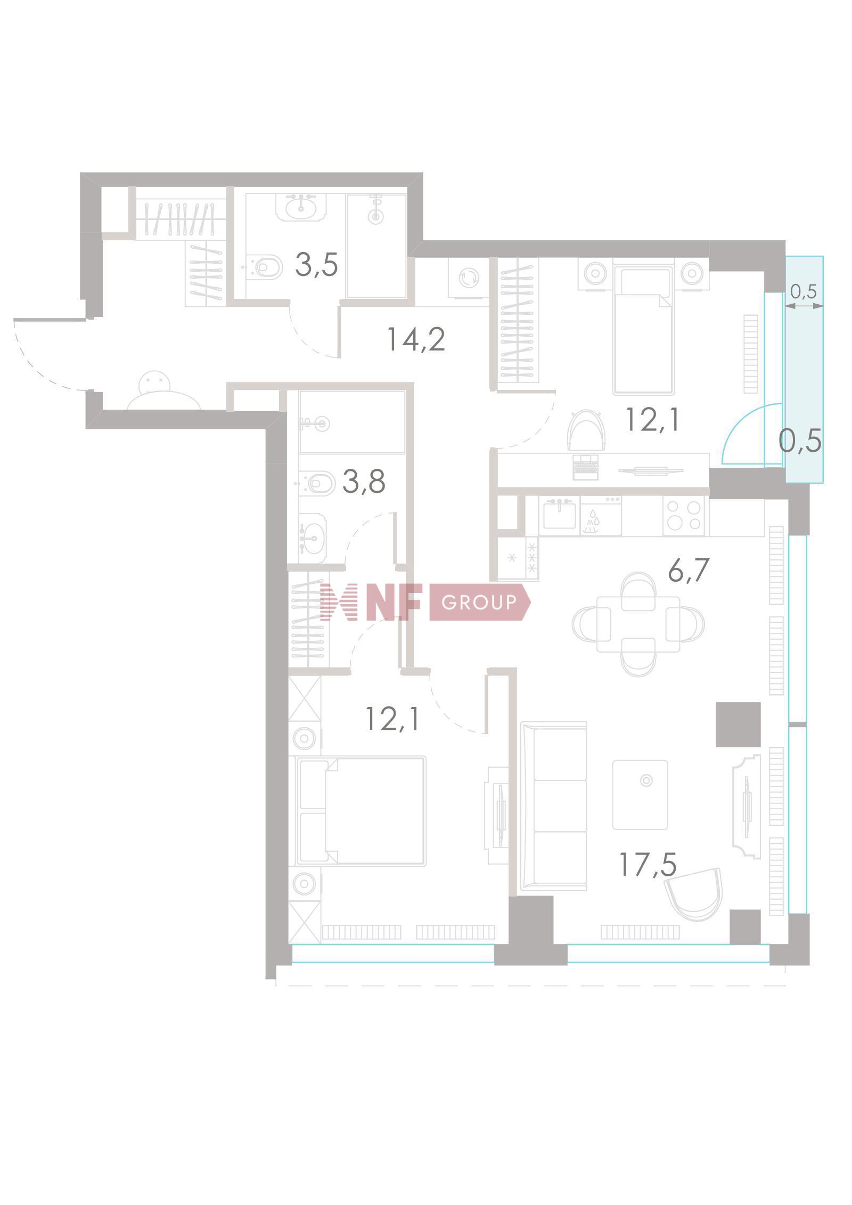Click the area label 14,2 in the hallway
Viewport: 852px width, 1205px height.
416,339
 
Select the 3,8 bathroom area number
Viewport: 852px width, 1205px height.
364,483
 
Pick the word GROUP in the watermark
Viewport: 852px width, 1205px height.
479,602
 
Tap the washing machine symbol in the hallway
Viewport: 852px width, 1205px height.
469,277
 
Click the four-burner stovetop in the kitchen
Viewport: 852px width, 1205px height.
684,516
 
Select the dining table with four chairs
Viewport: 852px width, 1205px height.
638,624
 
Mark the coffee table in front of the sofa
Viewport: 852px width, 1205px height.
640,794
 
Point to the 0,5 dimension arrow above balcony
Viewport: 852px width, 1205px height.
804,305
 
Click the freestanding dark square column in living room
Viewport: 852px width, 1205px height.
738,724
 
